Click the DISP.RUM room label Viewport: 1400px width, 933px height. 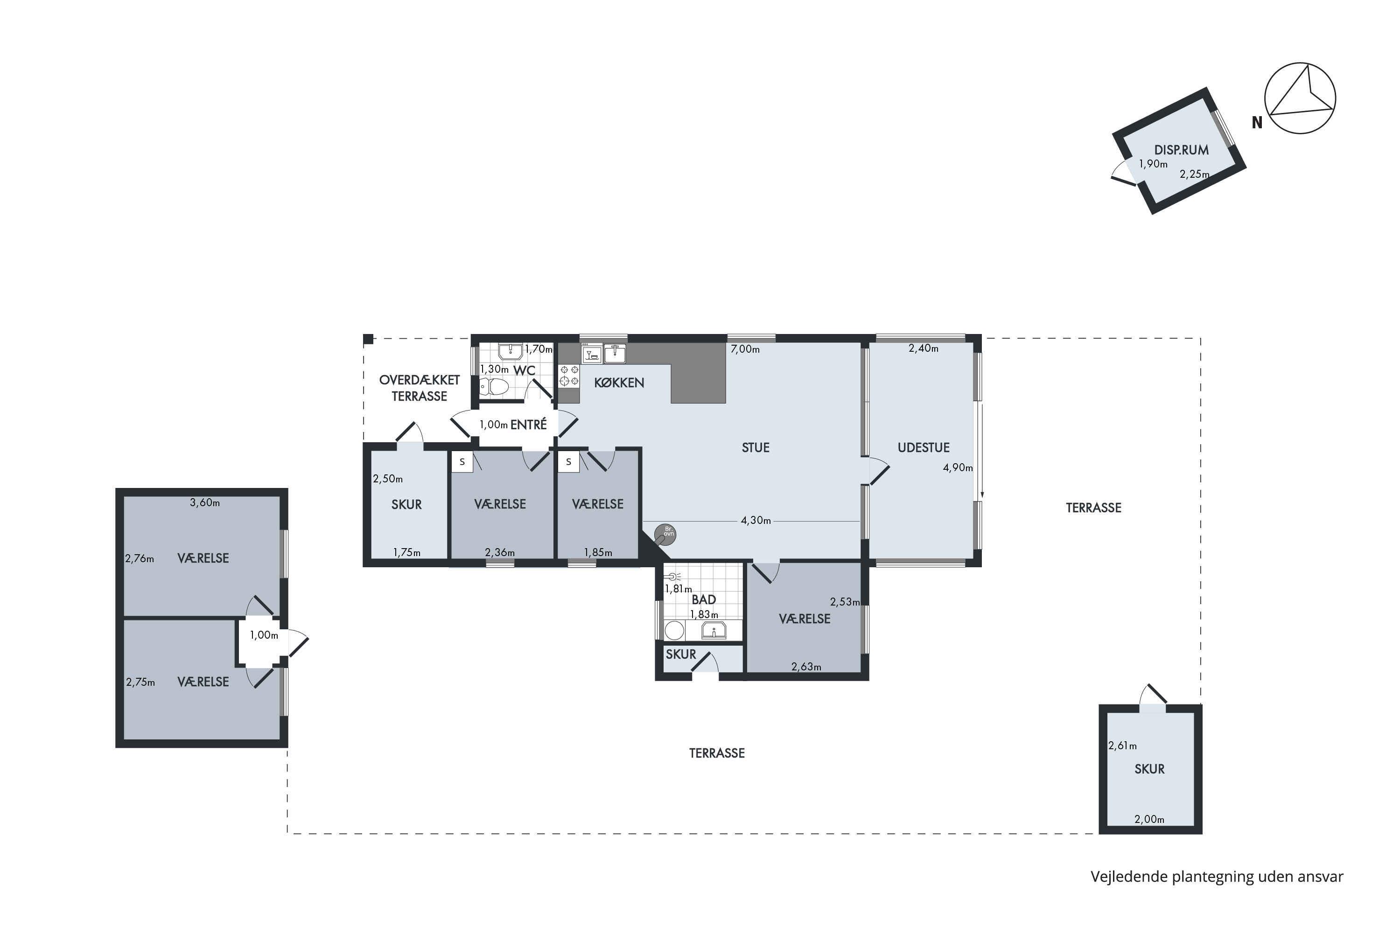pyautogui.click(x=1181, y=150)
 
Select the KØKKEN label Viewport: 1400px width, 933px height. pyautogui.click(x=619, y=383)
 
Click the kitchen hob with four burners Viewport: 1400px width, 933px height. pyautogui.click(x=569, y=376)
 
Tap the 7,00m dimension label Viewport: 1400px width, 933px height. pyautogui.click(x=745, y=349)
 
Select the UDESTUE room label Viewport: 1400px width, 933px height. pyautogui.click(x=923, y=447)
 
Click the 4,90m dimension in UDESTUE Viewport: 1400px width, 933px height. pyautogui.click(x=958, y=468)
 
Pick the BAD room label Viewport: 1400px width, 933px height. pyautogui.click(x=704, y=600)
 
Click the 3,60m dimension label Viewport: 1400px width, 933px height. pyautogui.click(x=205, y=503)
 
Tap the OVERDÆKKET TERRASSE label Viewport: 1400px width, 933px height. pyautogui.click(x=419, y=388)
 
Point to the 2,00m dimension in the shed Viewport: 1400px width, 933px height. pyautogui.click(x=1149, y=819)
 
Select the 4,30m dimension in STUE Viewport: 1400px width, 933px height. pyautogui.click(x=756, y=521)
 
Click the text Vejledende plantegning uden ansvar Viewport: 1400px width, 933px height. pyautogui.click(x=1217, y=877)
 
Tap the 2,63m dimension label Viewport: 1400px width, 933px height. pyautogui.click(x=806, y=667)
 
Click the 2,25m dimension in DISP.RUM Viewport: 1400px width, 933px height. pyautogui.click(x=1195, y=174)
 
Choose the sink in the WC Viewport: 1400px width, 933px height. pyautogui.click(x=510, y=352)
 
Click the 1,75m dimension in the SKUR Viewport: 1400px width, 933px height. pyautogui.click(x=407, y=553)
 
